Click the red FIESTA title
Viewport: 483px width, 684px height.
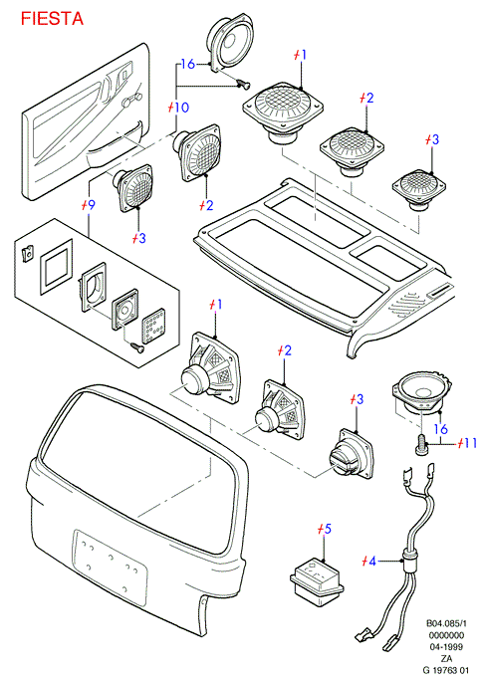point(52,19)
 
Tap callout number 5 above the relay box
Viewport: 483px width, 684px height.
point(328,529)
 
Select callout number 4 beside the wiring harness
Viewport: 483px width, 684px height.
point(371,561)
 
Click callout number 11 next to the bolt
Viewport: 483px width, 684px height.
point(470,443)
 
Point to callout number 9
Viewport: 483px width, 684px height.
point(91,205)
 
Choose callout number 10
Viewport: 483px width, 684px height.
point(181,108)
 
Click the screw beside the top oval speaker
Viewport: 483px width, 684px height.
point(243,83)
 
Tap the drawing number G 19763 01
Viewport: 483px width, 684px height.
point(445,670)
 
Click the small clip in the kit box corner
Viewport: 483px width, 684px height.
point(28,253)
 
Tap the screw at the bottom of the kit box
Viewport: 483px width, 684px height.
point(137,348)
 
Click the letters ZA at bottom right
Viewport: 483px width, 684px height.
point(446,658)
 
